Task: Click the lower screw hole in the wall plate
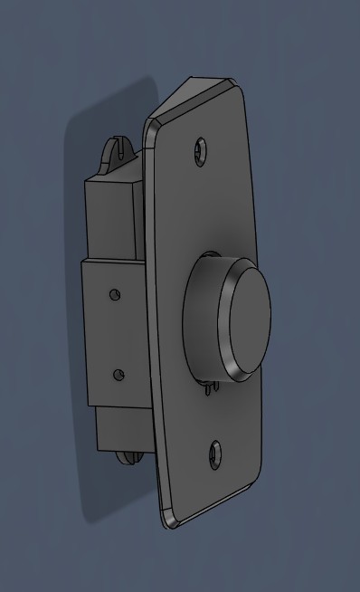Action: coord(215,453)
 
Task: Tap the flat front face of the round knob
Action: coord(248,321)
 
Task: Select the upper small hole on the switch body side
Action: coord(114,294)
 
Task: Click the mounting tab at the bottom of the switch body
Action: coord(127,455)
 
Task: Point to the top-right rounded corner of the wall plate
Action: coord(242,92)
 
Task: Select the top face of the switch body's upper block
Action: coord(113,177)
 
